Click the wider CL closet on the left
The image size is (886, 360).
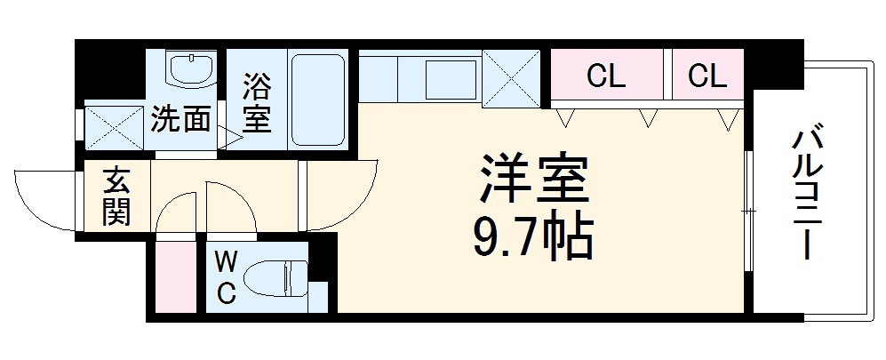(x=606, y=76)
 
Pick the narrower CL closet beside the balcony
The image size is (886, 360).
(x=707, y=76)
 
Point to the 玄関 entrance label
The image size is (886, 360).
(x=116, y=196)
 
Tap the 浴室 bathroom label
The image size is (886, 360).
(x=257, y=103)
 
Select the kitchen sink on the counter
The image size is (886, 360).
(x=451, y=80)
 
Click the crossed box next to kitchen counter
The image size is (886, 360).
(x=511, y=78)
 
